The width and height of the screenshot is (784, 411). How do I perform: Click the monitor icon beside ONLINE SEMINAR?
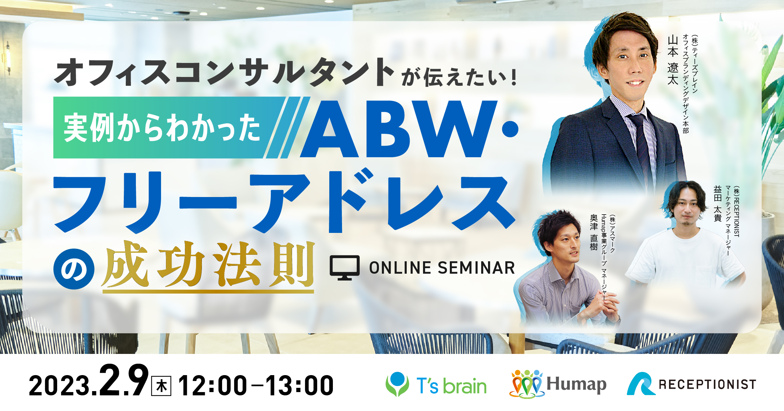coord(345,268)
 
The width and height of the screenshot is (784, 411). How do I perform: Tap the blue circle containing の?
coord(74,269)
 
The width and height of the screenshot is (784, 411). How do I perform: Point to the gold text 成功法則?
coord(208,265)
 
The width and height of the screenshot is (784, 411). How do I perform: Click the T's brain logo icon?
coord(397,384)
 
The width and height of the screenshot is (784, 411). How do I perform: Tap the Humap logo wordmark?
coord(577,384)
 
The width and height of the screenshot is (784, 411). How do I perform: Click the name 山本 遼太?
coord(673,60)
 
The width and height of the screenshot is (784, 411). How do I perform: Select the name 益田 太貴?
coord(718,204)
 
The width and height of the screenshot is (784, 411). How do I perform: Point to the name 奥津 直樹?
coord(594,232)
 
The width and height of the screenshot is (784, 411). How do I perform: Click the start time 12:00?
coord(213,386)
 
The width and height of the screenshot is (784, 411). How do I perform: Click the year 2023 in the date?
coord(60,386)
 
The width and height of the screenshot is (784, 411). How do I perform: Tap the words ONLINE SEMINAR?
coord(442,268)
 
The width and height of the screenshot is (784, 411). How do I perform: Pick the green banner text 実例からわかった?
coord(162,128)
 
